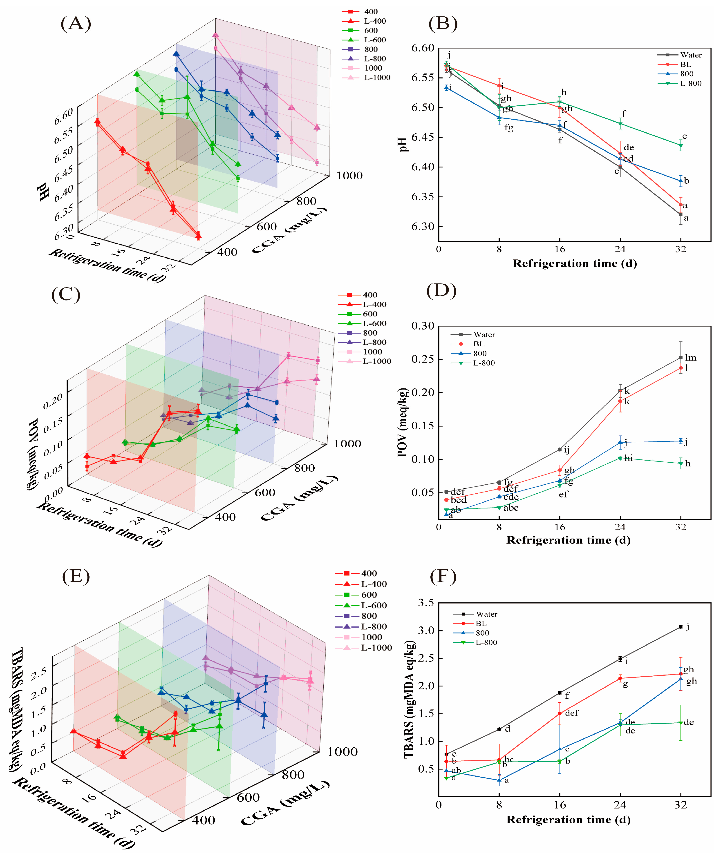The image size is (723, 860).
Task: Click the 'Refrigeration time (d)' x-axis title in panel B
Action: pos(575,263)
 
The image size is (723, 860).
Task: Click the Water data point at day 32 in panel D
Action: pos(681,358)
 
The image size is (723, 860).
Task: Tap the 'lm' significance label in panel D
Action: pos(691,358)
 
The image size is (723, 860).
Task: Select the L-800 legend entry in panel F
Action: pos(486,642)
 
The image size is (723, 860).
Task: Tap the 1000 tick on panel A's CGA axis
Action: pos(349,176)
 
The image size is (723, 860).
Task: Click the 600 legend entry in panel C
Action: pos(369,314)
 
